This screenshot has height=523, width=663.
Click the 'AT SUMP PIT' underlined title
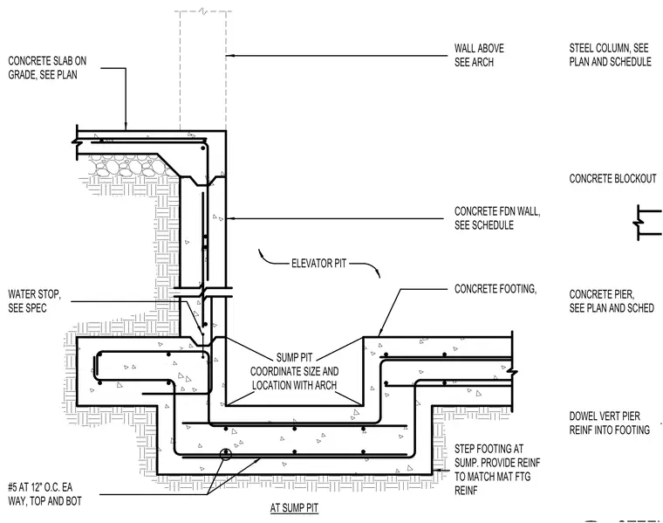tap(294, 508)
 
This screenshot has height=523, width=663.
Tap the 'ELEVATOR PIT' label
tap(318, 263)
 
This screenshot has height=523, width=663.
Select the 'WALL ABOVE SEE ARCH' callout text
tap(479, 55)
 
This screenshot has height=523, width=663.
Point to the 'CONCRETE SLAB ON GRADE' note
tap(47, 68)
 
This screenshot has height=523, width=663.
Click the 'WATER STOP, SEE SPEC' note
tap(34, 301)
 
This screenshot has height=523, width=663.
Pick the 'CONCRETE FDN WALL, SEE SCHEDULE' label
tap(497, 218)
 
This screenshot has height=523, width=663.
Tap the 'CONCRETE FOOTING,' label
tap(496, 289)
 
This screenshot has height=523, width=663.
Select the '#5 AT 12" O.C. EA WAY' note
tap(44, 494)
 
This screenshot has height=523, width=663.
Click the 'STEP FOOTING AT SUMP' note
tap(497, 469)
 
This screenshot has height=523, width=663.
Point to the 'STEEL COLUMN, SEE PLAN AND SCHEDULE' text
tap(610, 55)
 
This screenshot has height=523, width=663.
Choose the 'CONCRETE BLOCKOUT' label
tap(612, 179)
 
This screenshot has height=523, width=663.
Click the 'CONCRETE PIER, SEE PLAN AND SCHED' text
tap(612, 301)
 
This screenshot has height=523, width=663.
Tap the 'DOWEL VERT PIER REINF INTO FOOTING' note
tap(609, 423)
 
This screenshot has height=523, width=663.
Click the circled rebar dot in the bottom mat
tap(226, 454)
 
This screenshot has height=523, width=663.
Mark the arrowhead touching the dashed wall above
tap(229, 55)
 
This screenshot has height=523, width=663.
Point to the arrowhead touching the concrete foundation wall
tap(229, 218)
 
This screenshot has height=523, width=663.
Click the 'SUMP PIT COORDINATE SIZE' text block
tap(294, 372)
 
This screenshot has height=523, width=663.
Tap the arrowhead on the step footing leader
tap(435, 470)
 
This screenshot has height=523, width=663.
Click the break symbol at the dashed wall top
tap(203, 11)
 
